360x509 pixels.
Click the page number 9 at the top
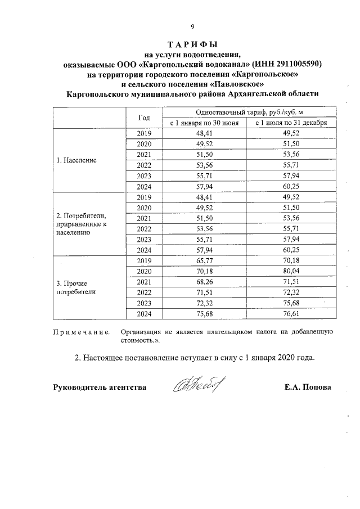point(192,26)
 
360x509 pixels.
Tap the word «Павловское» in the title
point(232,84)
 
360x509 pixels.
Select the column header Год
point(144,118)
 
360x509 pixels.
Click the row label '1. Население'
point(76,160)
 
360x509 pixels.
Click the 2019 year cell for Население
point(144,133)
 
